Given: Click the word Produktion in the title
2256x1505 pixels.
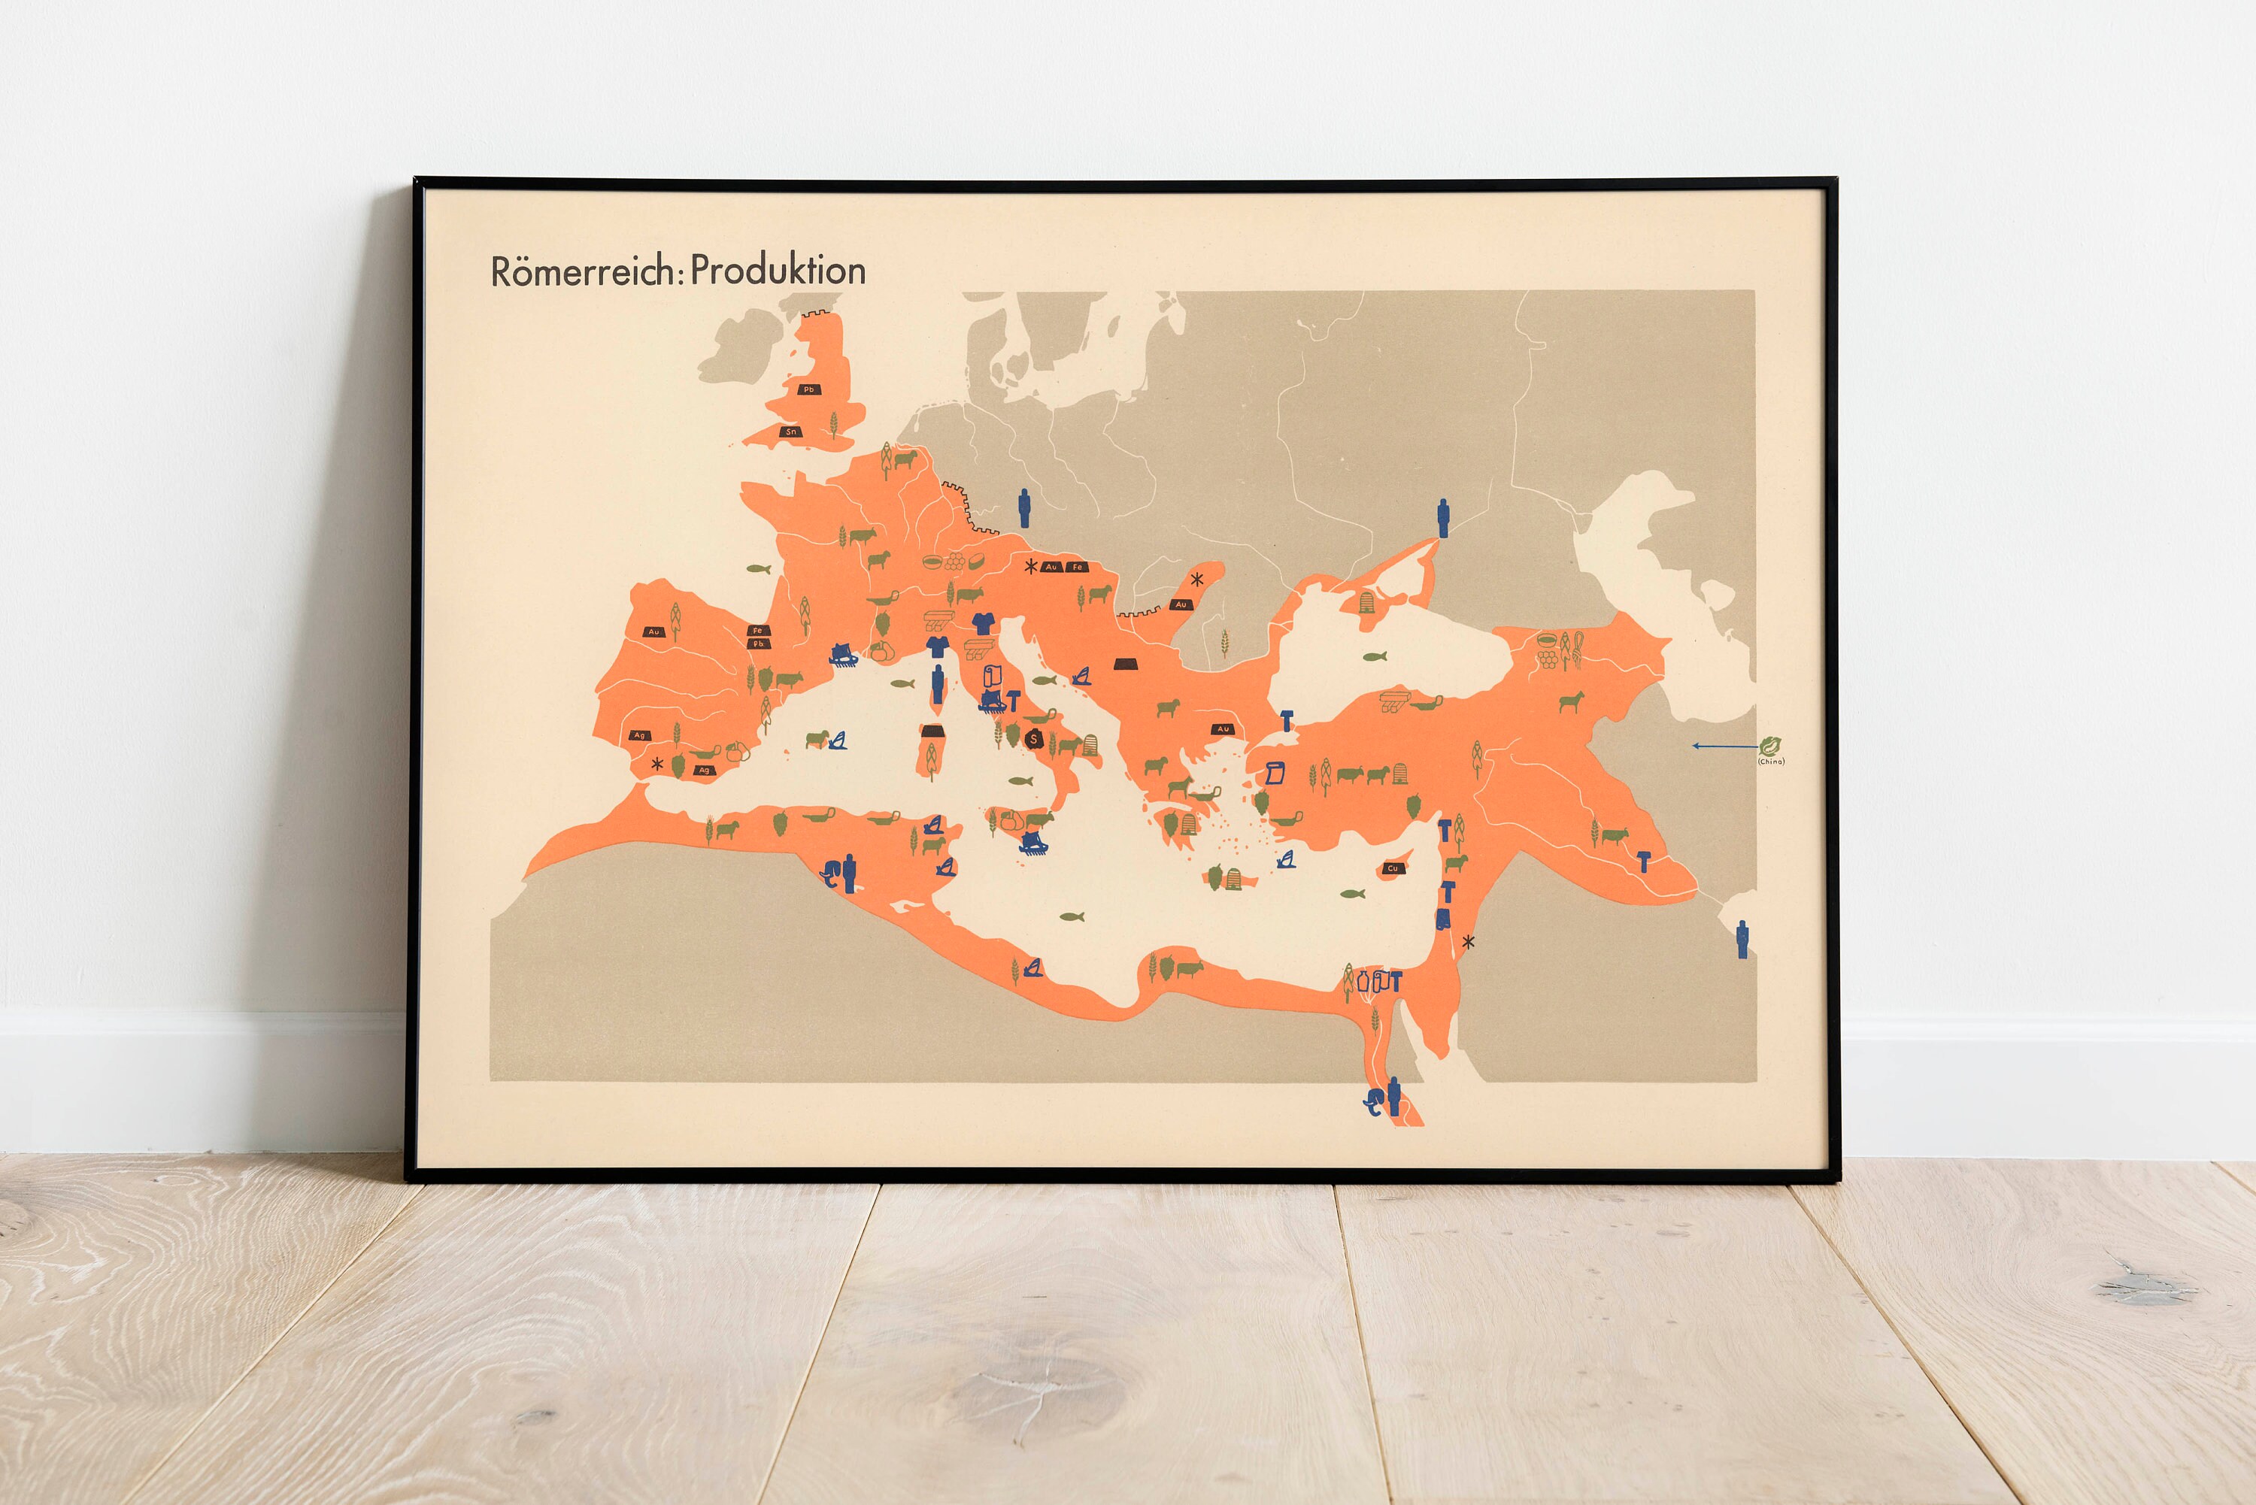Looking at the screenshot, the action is tap(778, 271).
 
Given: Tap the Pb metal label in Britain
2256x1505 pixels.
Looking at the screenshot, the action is tap(808, 389).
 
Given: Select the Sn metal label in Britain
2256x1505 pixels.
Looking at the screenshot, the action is tap(791, 432).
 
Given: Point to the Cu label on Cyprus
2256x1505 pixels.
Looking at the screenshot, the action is tap(1392, 868).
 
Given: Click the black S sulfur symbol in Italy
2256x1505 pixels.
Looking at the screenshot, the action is tap(1034, 739).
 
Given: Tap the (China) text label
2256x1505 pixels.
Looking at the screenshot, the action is tap(1771, 761).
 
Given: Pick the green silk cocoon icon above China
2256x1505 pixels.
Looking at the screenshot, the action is tap(1770, 744).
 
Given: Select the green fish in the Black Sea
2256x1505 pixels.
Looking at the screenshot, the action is tap(1374, 658).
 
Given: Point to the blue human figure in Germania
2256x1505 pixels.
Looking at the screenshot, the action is tap(1024, 507).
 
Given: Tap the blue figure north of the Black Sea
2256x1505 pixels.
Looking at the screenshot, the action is tap(1442, 518).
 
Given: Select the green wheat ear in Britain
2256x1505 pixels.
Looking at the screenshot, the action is tap(832, 423).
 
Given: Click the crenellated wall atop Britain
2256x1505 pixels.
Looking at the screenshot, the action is tap(820, 314).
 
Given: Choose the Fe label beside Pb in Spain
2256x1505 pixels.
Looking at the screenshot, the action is tap(757, 631).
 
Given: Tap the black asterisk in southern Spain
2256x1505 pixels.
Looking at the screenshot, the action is tap(656, 764).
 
